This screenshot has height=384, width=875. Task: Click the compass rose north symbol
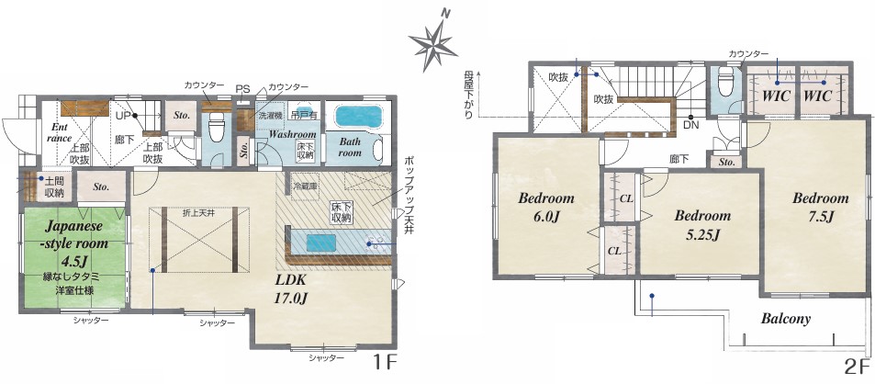[432, 42]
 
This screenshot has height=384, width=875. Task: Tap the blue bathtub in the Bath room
[358, 117]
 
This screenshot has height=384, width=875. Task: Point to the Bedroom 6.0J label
[546, 207]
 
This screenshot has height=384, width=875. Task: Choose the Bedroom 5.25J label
[702, 224]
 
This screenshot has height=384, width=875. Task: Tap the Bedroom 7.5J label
[820, 207]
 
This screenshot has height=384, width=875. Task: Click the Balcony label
[786, 319]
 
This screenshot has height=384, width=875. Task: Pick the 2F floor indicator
[858, 367]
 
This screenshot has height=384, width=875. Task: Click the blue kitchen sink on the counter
[320, 243]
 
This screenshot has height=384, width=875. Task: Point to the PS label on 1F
[242, 89]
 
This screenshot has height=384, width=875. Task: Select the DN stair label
[690, 125]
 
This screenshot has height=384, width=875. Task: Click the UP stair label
[122, 116]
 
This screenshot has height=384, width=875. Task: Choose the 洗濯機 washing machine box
[270, 116]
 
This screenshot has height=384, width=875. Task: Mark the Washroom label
[292, 134]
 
